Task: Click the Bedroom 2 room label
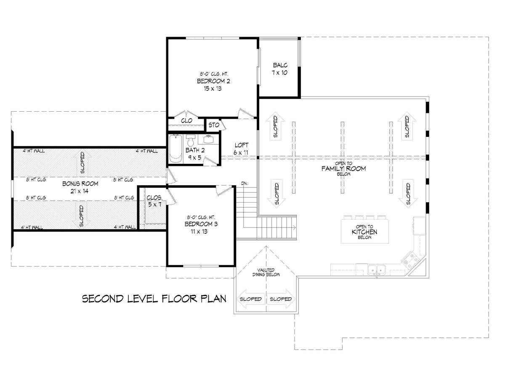[213, 81]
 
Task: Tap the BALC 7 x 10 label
[280, 69]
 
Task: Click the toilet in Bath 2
[191, 141]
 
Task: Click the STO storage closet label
[213, 125]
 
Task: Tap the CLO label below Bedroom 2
[186, 120]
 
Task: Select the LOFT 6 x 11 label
[241, 149]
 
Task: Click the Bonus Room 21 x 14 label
[80, 187]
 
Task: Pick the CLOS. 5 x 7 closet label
[154, 200]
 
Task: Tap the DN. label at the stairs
[244, 183]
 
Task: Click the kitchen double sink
[376, 269]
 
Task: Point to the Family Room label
[343, 168]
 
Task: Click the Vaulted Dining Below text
[266, 272]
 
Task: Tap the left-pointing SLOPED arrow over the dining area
[251, 299]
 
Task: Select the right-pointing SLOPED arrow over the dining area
[281, 299]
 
